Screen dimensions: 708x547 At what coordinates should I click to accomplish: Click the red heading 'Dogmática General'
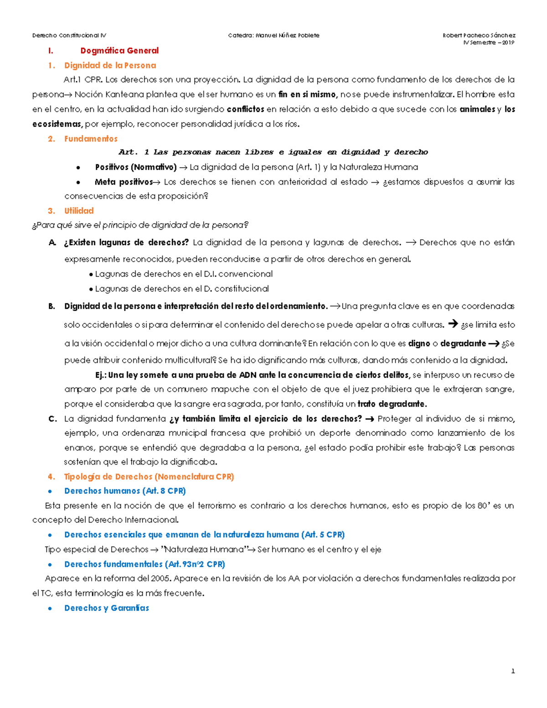[x=119, y=51]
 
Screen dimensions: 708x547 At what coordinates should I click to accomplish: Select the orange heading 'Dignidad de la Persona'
[x=110, y=65]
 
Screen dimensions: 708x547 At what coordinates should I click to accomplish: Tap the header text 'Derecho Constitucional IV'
[x=69, y=35]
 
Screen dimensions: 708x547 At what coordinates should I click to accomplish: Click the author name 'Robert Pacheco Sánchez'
[x=479, y=35]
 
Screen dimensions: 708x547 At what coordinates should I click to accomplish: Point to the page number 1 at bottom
[x=513, y=671]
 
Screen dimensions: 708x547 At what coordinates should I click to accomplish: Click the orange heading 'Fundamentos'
[x=91, y=139]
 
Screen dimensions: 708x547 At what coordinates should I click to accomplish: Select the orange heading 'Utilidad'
[x=79, y=211]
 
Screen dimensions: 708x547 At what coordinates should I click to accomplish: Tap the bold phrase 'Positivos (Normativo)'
[x=135, y=167]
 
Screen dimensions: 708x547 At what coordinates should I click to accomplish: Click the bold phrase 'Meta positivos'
[x=124, y=181]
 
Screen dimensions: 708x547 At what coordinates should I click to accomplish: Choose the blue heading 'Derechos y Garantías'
[x=107, y=608]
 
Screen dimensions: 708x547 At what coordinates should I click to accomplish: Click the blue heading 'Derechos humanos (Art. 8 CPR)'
[x=125, y=491]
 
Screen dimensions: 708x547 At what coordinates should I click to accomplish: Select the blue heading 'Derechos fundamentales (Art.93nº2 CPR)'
[x=144, y=564]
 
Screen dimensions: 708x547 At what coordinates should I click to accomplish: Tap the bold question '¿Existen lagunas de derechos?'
[x=126, y=242]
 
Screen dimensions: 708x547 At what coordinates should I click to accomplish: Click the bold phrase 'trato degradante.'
[x=392, y=403]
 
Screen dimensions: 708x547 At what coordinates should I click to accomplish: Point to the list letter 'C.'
[x=52, y=419]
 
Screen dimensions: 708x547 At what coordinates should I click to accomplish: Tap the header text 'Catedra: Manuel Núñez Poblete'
[x=273, y=35]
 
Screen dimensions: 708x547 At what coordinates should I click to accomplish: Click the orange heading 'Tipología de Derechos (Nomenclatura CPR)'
[x=149, y=476]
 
